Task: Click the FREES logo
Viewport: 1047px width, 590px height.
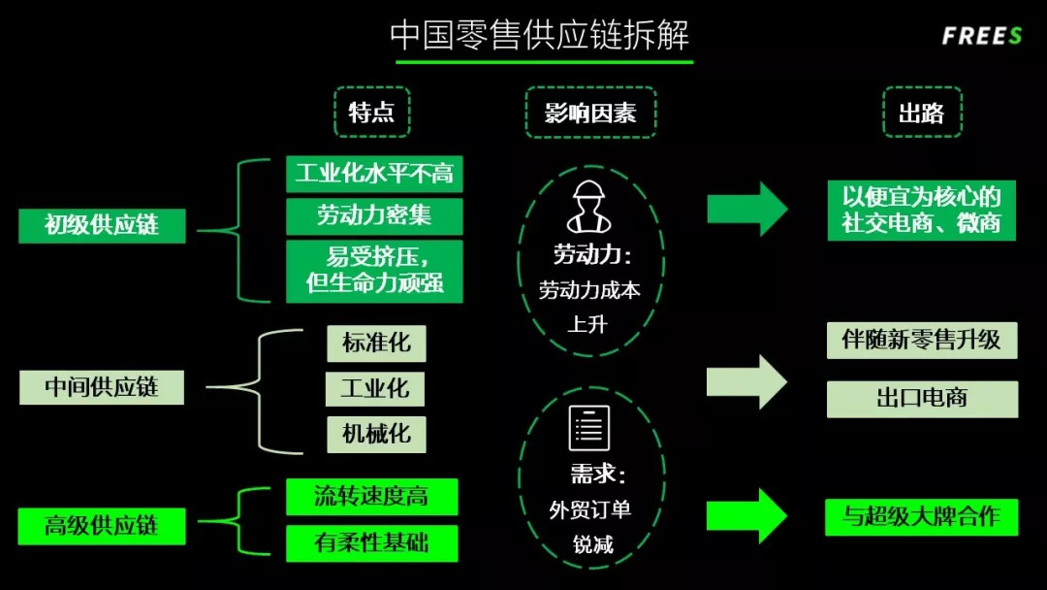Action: (x=981, y=37)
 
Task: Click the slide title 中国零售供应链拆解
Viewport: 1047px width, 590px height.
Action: (x=540, y=35)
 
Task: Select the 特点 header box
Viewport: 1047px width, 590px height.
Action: (x=372, y=113)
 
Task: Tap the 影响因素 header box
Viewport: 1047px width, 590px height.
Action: (x=590, y=113)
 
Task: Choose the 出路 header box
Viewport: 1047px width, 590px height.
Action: (x=921, y=113)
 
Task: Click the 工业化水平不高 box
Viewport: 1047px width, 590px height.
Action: (x=374, y=174)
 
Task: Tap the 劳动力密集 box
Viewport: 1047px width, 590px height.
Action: (x=374, y=215)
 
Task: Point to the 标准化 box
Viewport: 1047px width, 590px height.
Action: (x=376, y=344)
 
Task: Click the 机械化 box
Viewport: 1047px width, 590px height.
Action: (x=376, y=434)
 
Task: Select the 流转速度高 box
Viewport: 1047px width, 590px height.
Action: (x=371, y=497)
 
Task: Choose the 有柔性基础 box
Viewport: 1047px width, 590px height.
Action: (x=371, y=542)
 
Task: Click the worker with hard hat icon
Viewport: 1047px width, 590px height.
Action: (x=589, y=208)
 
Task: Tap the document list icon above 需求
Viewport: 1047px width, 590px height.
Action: (x=589, y=428)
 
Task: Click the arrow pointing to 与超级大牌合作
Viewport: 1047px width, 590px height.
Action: (x=746, y=516)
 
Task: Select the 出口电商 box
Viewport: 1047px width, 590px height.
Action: (x=922, y=399)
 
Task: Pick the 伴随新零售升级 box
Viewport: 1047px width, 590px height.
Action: (x=922, y=341)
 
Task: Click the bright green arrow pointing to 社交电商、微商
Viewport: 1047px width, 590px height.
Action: (x=746, y=208)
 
